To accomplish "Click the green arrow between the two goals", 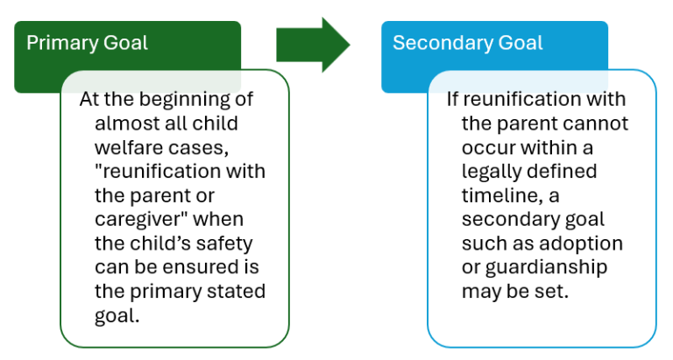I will (312, 45).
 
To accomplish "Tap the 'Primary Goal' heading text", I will (87, 43).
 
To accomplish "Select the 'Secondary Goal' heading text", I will (467, 43).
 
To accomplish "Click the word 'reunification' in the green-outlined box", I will (187, 171).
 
